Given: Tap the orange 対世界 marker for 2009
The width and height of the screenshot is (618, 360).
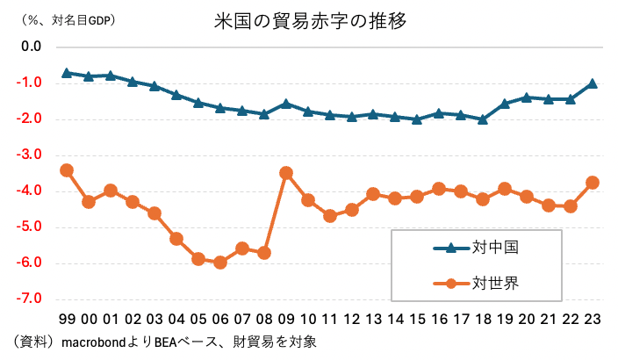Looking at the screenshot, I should click(286, 173).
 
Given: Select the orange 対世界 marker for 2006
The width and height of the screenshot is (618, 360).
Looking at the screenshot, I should click(220, 262).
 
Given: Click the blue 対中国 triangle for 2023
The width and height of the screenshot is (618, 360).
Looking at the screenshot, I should click(593, 83).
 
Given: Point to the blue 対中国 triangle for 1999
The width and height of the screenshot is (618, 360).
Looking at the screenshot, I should click(67, 73).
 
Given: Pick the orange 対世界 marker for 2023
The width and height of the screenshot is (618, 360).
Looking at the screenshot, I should click(593, 183).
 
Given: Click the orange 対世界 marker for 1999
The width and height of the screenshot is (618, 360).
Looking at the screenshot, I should click(67, 170).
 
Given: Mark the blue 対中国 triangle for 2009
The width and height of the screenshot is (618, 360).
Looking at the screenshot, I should click(286, 104).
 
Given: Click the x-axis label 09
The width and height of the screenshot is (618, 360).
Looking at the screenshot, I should click(286, 319).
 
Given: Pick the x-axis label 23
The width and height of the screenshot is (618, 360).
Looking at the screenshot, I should click(593, 319).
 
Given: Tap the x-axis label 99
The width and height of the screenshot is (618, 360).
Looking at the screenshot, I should click(67, 319).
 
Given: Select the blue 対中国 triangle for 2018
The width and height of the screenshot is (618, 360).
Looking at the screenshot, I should click(483, 119).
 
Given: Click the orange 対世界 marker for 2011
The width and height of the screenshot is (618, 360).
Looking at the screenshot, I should click(330, 215).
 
